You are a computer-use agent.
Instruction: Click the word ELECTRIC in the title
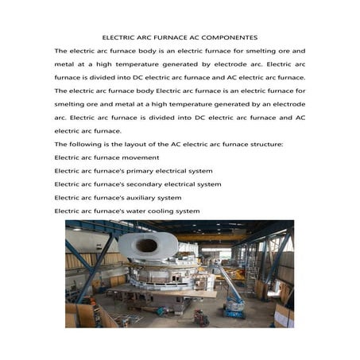click(122, 37)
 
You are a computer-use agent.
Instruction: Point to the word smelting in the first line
click(254, 51)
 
